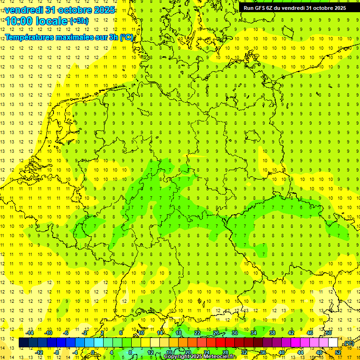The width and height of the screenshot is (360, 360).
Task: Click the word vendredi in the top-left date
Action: pos(24,9)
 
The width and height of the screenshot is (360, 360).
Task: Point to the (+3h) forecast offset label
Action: pos(78,21)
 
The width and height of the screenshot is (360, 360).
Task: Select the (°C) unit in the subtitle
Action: pos(127,37)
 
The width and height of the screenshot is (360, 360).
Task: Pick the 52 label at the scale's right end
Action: pos(338,352)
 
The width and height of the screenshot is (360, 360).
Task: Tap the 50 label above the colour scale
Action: pos(329,333)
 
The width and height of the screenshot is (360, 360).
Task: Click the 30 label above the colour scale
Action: pos(234,333)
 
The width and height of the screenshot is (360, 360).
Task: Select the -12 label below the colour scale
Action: pos(39,352)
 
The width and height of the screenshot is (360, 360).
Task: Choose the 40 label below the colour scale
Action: pos(281,352)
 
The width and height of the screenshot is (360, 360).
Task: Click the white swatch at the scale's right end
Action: pos(333,343)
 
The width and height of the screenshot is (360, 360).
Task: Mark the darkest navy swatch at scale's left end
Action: pos(23,343)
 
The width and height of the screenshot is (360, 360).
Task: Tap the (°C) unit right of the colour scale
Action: pos(348,344)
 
